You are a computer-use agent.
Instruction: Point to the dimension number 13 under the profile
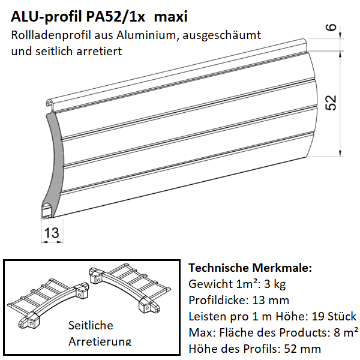52,232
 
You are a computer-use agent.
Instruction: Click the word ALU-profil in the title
43,17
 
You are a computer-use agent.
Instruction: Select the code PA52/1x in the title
115,17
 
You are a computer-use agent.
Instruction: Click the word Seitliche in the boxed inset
91,325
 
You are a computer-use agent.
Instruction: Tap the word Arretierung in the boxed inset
100,341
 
